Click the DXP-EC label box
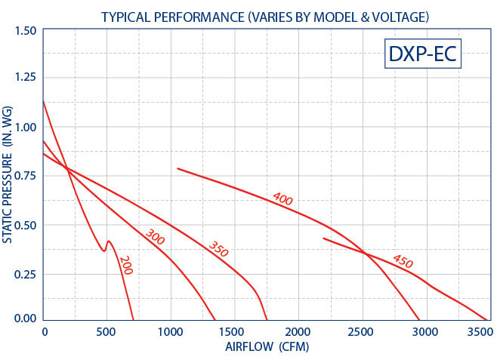(422, 54)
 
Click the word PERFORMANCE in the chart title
(199, 17)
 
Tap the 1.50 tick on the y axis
(26, 31)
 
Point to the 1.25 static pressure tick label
(26, 77)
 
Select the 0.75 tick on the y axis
(26, 176)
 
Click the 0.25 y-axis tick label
(26, 274)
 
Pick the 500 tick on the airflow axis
(106, 332)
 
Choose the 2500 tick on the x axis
(360, 332)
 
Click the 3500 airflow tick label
(480, 332)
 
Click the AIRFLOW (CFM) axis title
(267, 346)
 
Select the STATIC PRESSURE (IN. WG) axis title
(7, 174)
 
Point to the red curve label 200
(126, 266)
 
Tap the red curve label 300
(155, 237)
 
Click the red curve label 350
(218, 249)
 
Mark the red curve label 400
(282, 198)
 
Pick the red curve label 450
(403, 261)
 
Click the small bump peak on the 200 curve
(109, 241)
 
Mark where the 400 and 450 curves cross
(365, 253)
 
